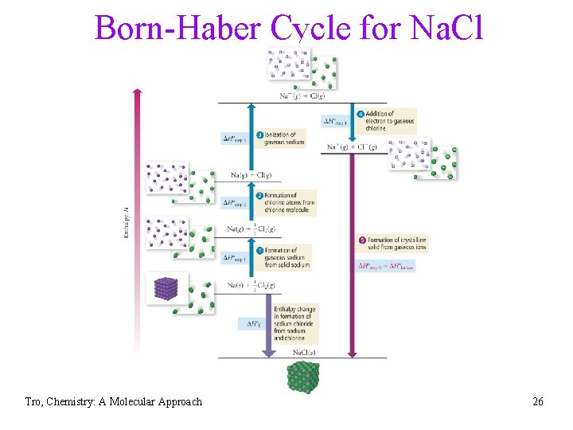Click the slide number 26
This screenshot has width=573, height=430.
[x=538, y=402]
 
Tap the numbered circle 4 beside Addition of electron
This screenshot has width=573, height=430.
[x=361, y=114]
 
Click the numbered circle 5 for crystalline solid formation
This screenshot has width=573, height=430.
[x=363, y=240]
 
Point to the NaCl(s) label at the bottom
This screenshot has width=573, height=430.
[x=306, y=351]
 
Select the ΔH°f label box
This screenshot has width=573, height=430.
[x=249, y=323]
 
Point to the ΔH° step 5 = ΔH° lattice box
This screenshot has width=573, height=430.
[x=386, y=265]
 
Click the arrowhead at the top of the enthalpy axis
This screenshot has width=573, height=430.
[x=137, y=92]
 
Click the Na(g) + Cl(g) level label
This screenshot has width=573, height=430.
[x=251, y=175]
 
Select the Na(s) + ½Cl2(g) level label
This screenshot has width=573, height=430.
[x=251, y=285]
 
